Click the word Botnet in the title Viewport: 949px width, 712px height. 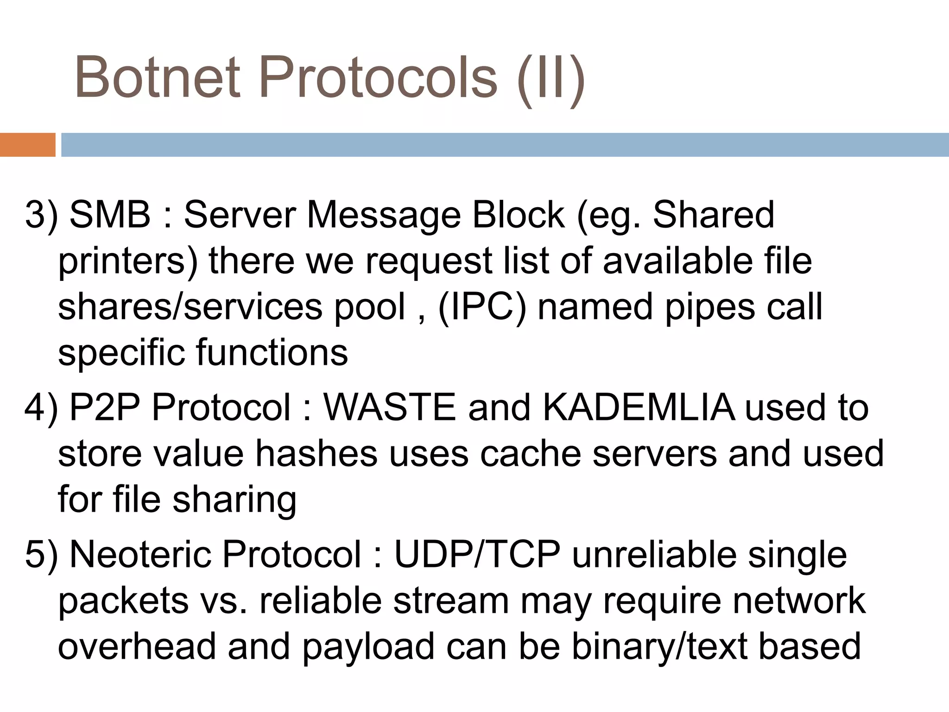pyautogui.click(x=158, y=77)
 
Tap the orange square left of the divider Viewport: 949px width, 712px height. pyautogui.click(x=27, y=145)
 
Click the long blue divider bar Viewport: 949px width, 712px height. pyautogui.click(x=505, y=145)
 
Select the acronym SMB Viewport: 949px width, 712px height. pyautogui.click(x=110, y=215)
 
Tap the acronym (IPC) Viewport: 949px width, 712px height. pyautogui.click(x=482, y=307)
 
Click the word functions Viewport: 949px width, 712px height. pyautogui.click(x=272, y=353)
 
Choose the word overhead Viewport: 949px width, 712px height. pyautogui.click(x=137, y=647)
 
